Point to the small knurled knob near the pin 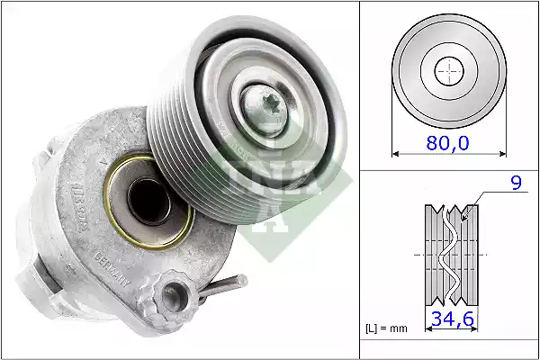(169, 292)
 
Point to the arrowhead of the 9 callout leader (463, 217)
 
